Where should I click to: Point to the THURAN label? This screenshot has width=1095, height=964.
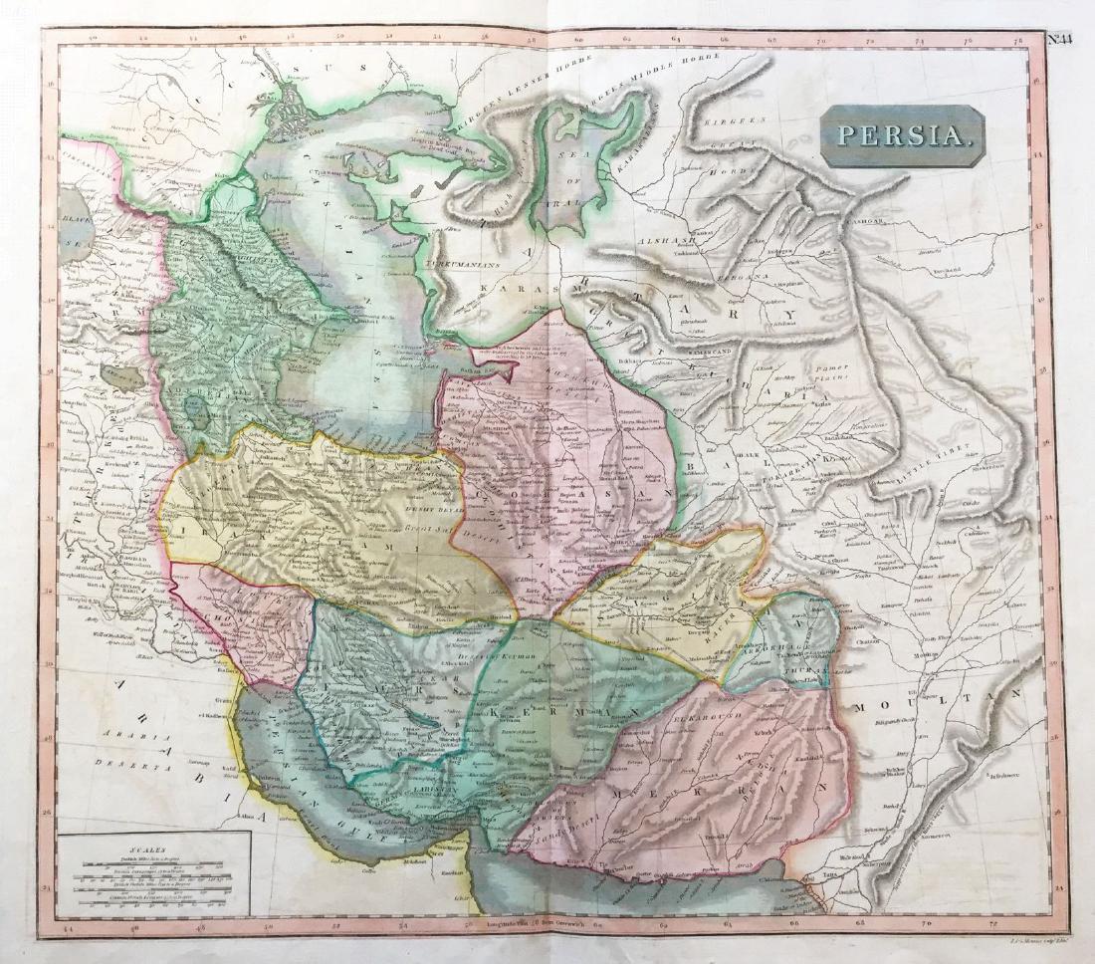point(809,673)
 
